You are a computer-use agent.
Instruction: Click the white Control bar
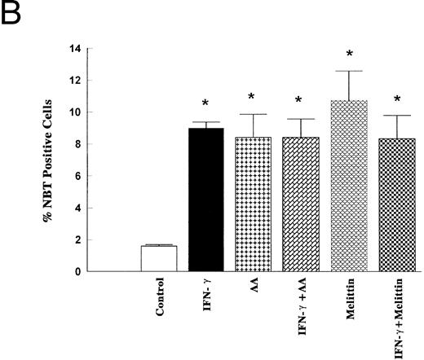click(x=158, y=258)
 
